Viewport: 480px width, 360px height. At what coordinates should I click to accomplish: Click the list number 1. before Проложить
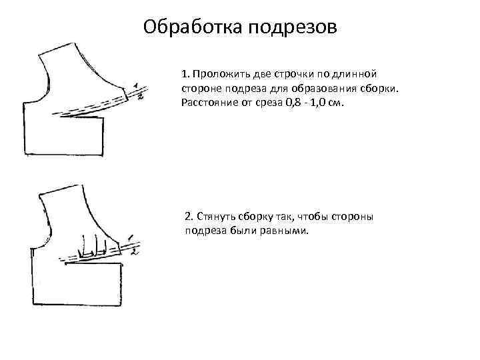(x=185, y=73)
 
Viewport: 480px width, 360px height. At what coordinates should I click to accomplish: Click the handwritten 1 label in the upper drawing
(x=135, y=86)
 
